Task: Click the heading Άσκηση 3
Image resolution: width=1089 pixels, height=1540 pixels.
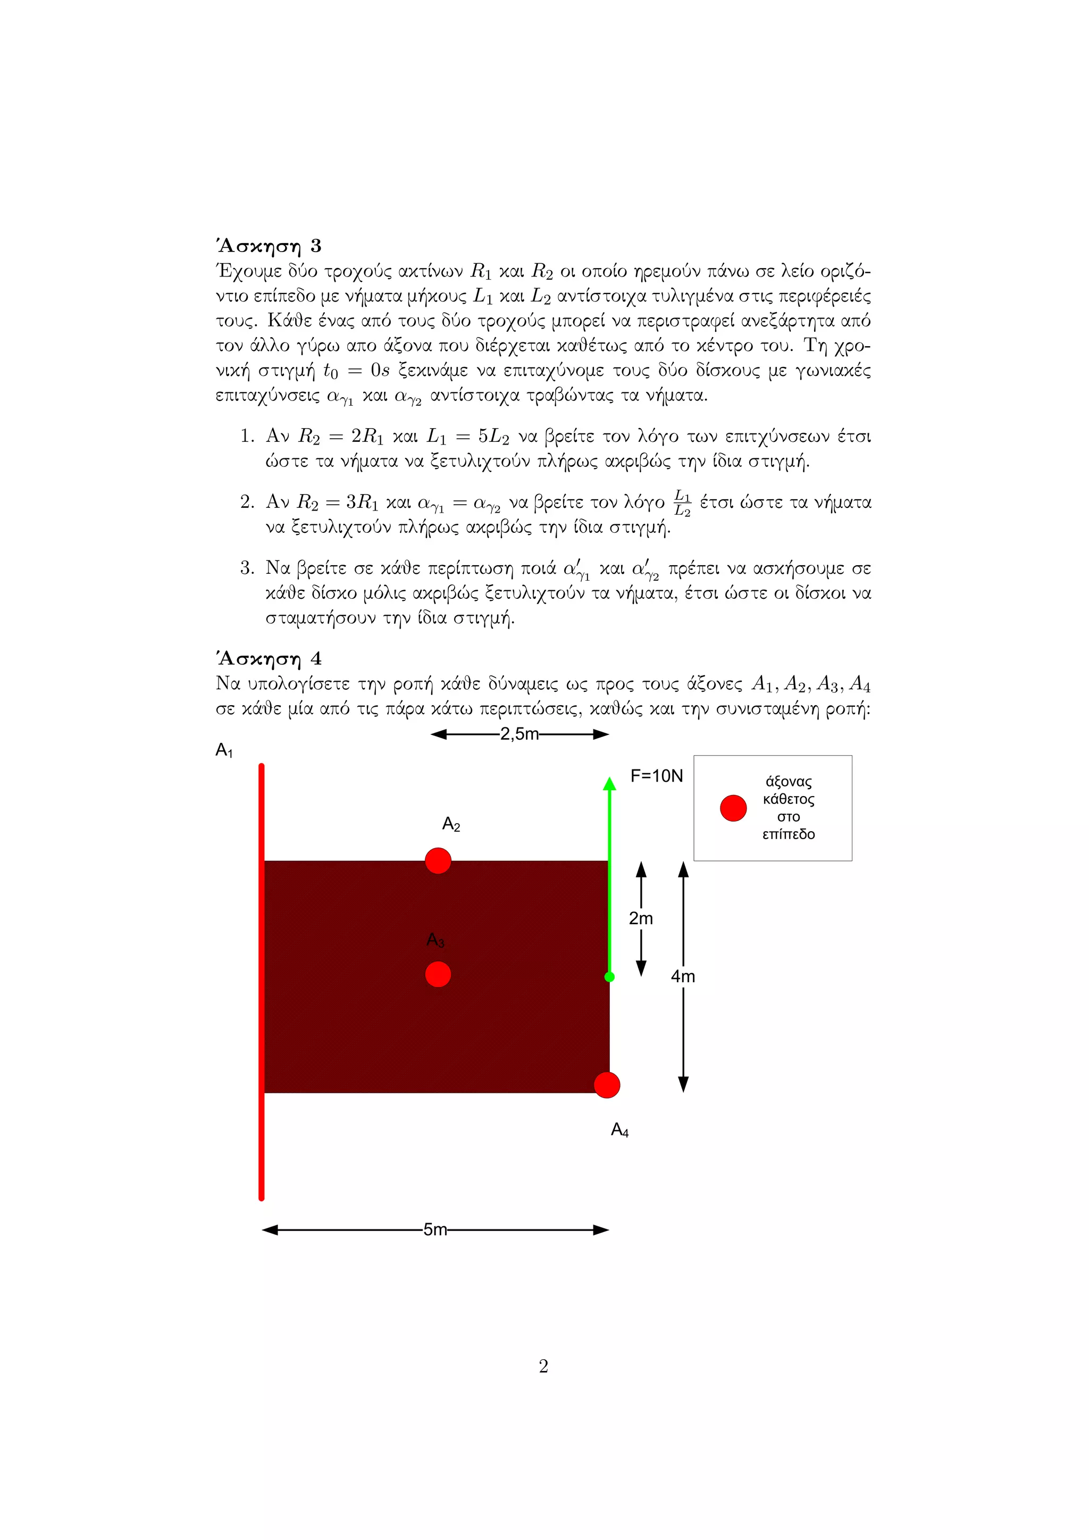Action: pos(268,246)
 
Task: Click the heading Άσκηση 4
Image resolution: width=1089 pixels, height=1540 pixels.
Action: pos(268,659)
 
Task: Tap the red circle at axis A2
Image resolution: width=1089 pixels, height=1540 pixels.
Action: pos(438,860)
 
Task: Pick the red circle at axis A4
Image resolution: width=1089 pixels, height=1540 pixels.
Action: pos(607,1085)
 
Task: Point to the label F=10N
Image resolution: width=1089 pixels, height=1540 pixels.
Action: pos(657,776)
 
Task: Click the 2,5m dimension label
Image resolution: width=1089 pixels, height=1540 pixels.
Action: pos(519,734)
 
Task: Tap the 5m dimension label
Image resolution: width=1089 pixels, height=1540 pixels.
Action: pos(435,1229)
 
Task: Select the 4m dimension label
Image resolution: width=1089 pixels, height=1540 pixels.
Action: pos(683,976)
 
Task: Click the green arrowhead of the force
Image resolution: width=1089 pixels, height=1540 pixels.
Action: pos(609,784)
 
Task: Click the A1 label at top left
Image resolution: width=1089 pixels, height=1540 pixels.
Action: pos(224,750)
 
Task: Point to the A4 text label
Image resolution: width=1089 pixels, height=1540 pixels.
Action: pos(619,1130)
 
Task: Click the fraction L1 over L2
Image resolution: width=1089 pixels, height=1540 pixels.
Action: pos(682,503)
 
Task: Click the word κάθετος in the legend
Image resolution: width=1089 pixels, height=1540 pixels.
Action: pos(789,799)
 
